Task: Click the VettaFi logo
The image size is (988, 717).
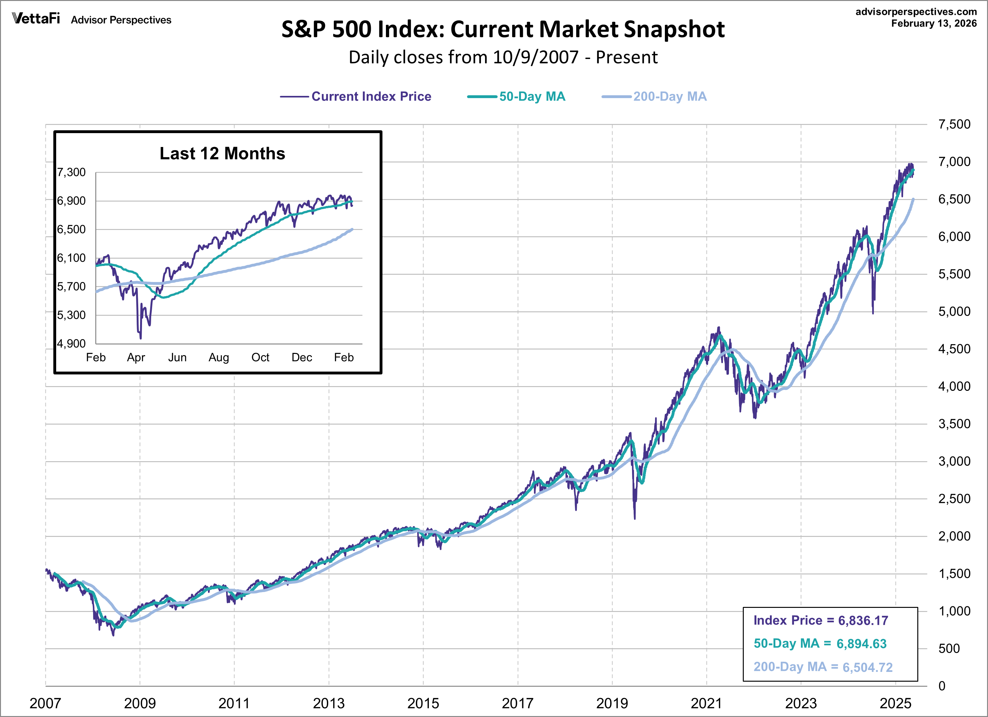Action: click(x=36, y=18)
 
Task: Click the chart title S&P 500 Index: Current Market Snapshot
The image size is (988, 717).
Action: click(x=503, y=30)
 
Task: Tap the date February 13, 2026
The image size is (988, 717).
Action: click(x=933, y=24)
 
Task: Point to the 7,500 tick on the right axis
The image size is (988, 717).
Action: click(x=954, y=125)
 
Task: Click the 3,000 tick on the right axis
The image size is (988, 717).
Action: click(x=954, y=461)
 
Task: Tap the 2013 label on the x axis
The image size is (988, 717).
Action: click(x=328, y=702)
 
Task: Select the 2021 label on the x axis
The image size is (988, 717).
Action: click(x=706, y=702)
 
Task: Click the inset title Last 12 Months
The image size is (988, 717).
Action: click(x=222, y=153)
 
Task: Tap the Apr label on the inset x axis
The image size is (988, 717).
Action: click(x=136, y=358)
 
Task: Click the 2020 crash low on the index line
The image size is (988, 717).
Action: click(x=634, y=518)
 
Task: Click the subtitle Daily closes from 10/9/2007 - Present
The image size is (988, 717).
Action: click(x=503, y=57)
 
